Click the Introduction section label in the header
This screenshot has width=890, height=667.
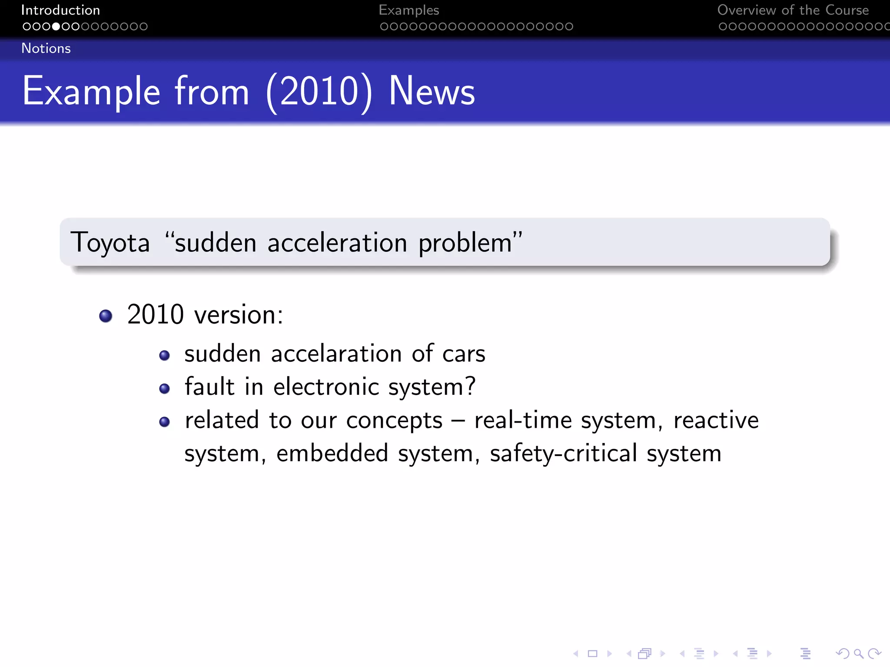click(60, 10)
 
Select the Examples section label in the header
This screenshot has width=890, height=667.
click(408, 10)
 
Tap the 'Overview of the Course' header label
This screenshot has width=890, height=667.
click(793, 10)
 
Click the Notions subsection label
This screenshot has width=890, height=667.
click(46, 48)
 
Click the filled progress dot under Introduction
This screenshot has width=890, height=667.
click(56, 26)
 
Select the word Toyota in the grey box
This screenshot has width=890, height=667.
click(110, 242)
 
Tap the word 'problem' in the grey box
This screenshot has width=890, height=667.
click(465, 243)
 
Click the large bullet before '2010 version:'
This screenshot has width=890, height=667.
click(106, 316)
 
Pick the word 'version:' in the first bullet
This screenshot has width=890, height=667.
click(239, 315)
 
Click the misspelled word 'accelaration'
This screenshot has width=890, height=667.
click(336, 353)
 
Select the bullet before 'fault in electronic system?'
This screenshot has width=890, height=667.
click(164, 388)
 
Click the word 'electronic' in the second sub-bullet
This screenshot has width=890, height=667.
click(326, 386)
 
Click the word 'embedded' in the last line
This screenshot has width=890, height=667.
click(332, 453)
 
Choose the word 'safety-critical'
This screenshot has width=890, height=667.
click(563, 454)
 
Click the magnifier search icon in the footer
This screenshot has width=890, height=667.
click(858, 654)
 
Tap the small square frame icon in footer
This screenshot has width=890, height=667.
click(592, 654)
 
